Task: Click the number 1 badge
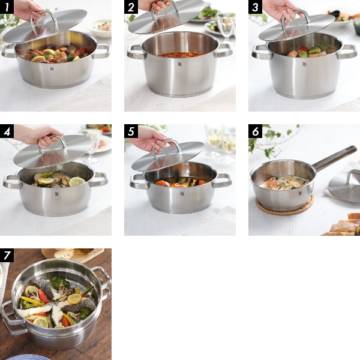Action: [7, 7]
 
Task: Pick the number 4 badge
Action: [7, 131]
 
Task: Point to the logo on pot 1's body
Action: [51, 68]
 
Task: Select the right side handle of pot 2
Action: [223, 50]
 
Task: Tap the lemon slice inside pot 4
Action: [76, 181]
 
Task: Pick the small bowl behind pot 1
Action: [100, 27]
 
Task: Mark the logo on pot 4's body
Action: [56, 193]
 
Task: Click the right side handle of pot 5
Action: [222, 180]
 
